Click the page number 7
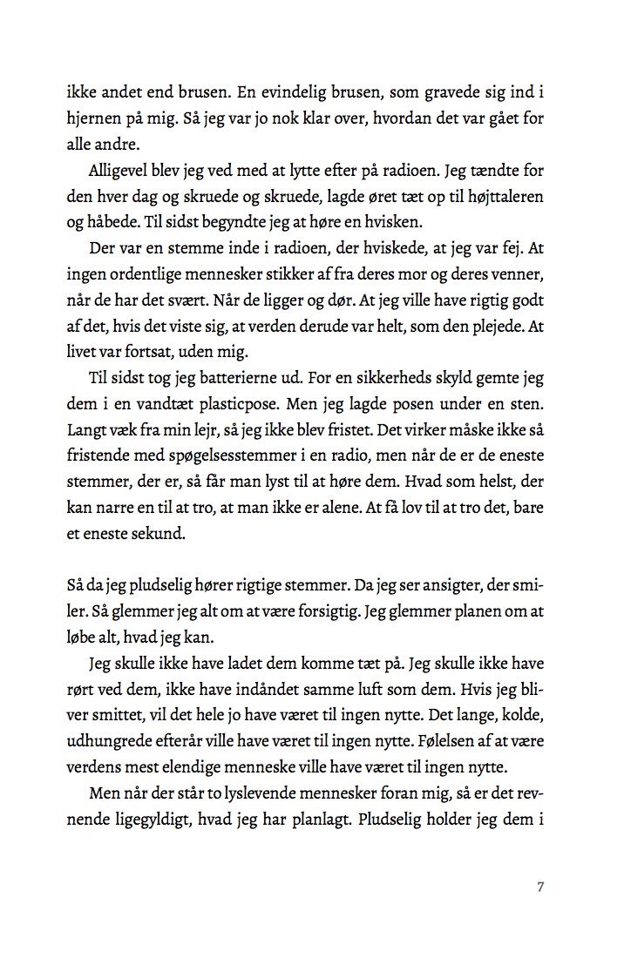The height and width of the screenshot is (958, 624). coord(541,887)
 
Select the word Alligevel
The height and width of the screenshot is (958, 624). coord(123,170)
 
